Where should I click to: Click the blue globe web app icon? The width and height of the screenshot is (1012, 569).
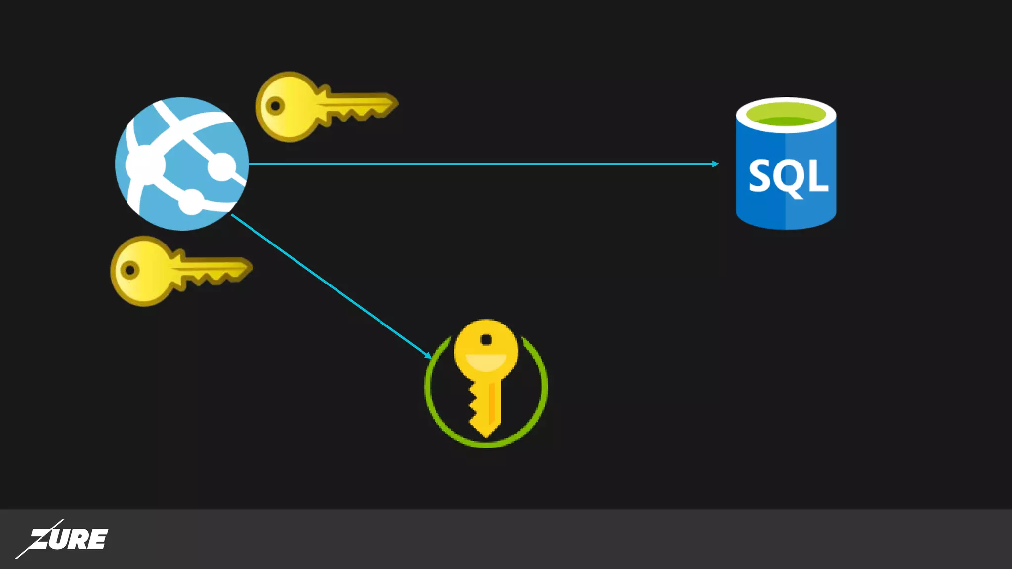(x=182, y=163)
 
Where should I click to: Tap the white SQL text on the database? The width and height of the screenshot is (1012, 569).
(x=788, y=176)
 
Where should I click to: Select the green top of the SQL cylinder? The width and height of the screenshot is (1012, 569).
(x=786, y=115)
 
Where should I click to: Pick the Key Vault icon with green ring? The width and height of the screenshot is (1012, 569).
(x=486, y=383)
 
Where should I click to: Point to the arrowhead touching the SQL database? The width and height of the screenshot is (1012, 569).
(x=716, y=163)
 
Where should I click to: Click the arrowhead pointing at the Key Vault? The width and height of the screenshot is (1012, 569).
(x=428, y=355)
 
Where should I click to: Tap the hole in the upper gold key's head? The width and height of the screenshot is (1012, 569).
(x=275, y=105)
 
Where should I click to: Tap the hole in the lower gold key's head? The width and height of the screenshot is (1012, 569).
(x=130, y=270)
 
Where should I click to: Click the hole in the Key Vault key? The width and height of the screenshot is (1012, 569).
(x=486, y=340)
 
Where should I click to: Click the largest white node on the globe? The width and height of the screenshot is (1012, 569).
(x=144, y=164)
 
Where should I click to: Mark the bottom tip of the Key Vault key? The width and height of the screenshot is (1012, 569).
(x=486, y=436)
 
